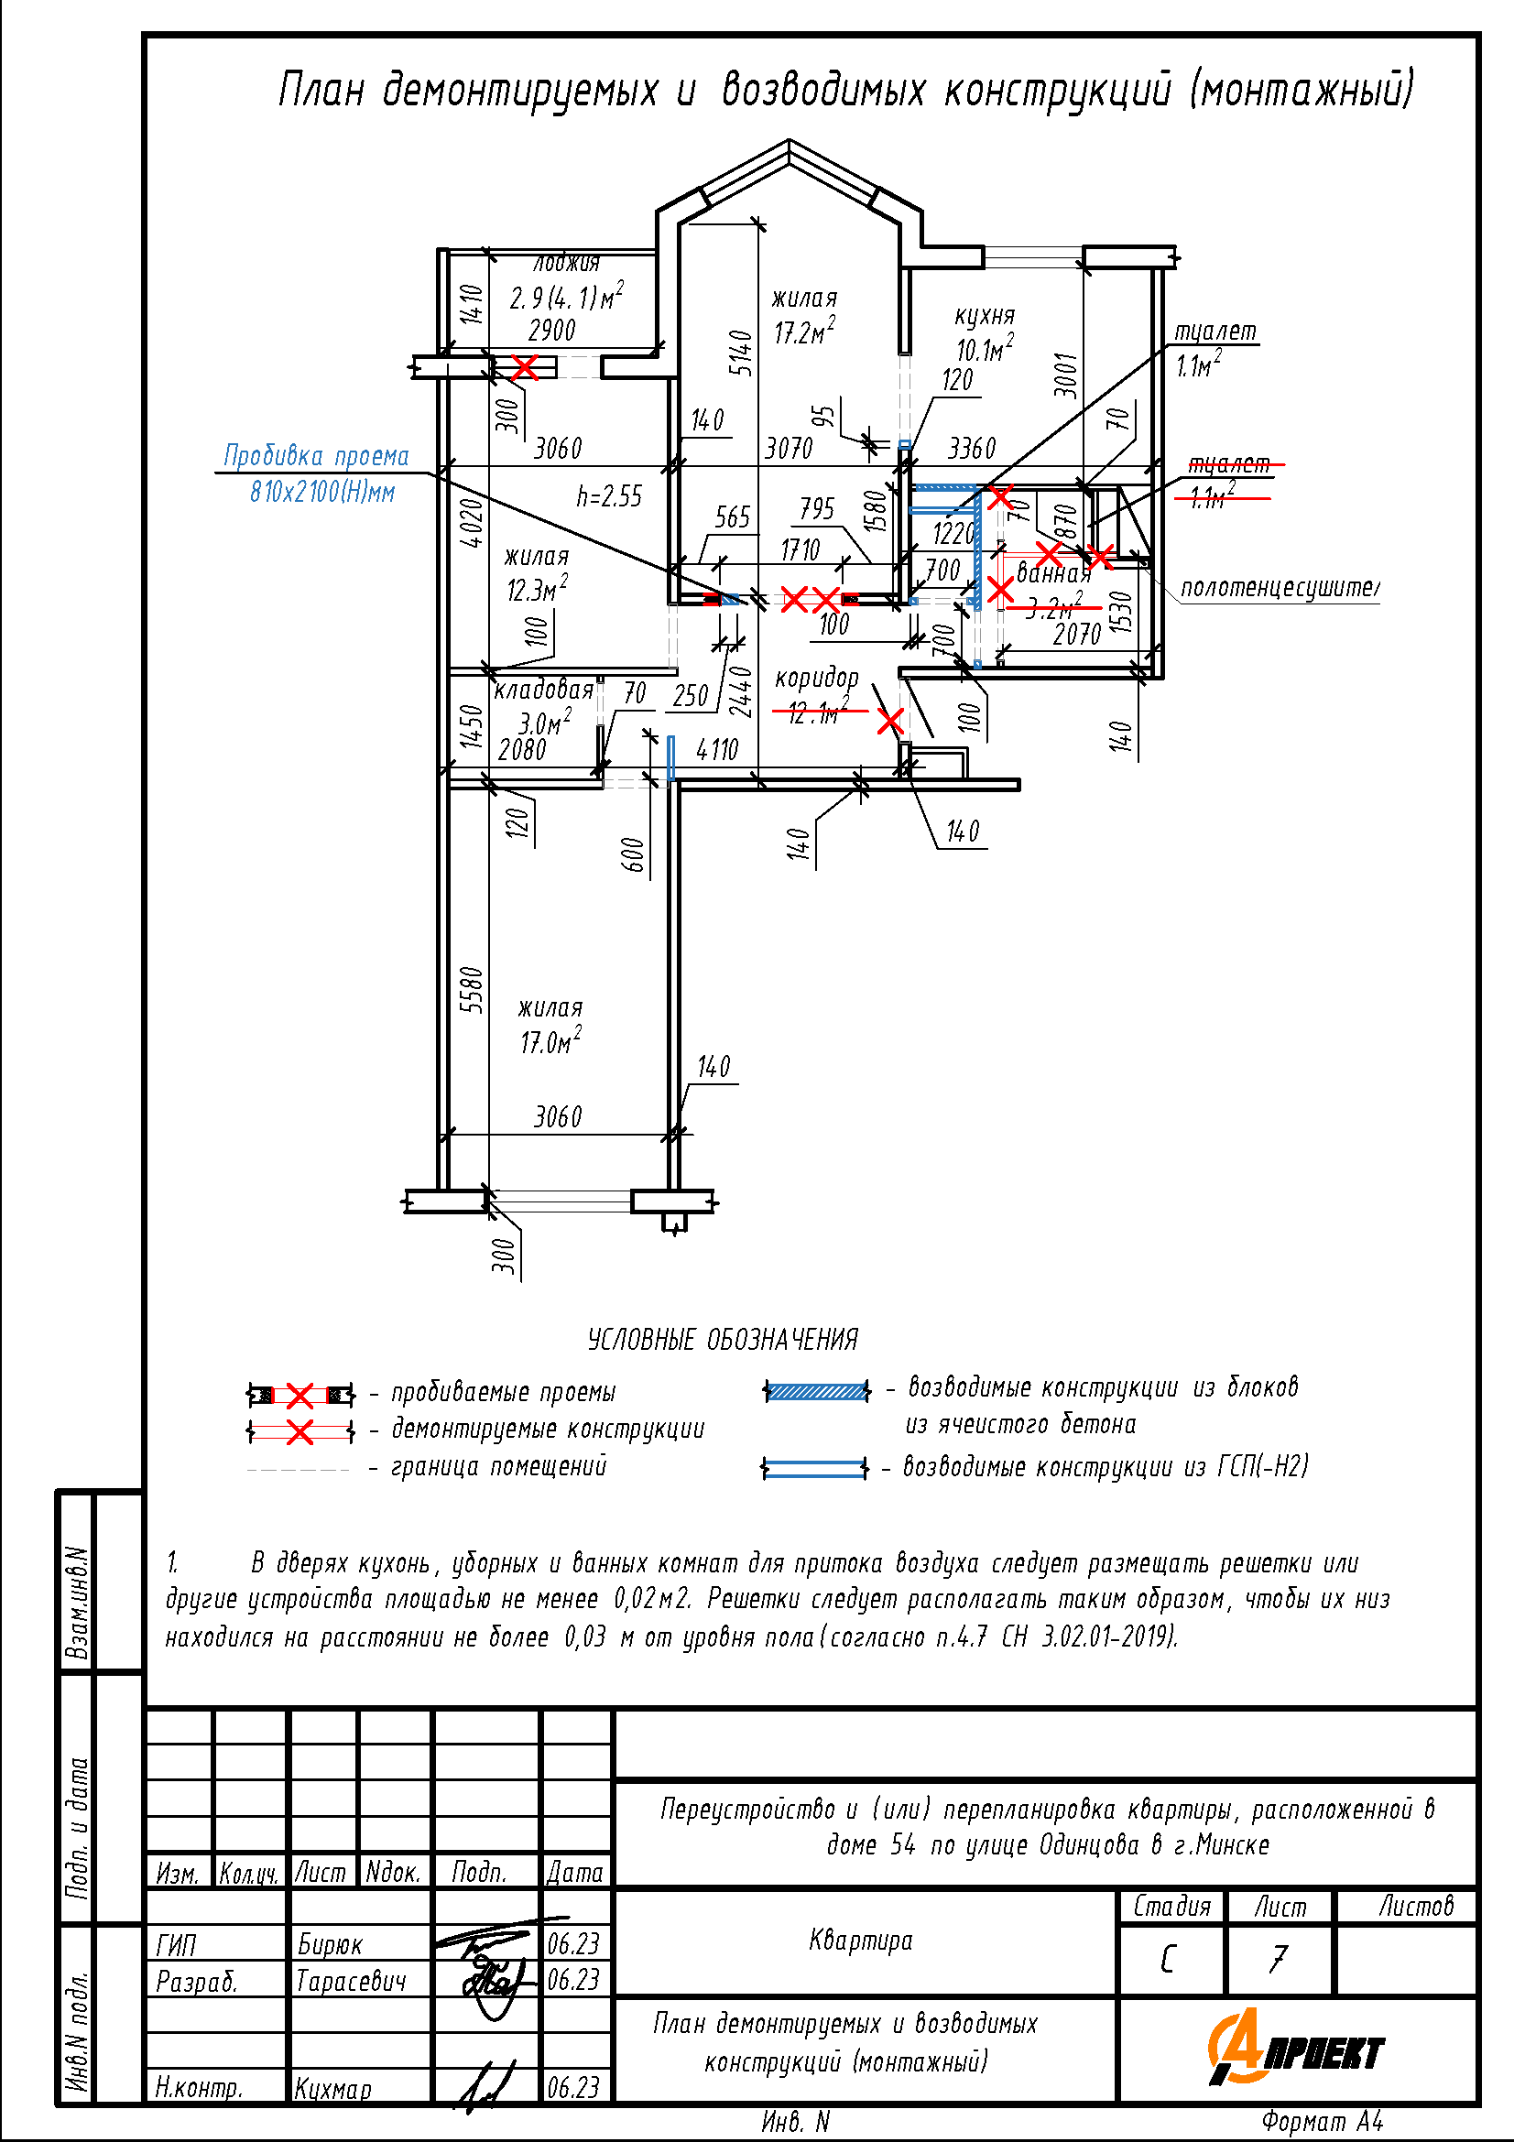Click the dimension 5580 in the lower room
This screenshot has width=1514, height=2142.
click(473, 990)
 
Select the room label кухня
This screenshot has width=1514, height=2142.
click(985, 315)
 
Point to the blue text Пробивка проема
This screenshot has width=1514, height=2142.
click(316, 456)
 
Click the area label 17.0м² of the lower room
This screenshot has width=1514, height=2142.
click(550, 1041)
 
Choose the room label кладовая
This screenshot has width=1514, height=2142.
click(543, 690)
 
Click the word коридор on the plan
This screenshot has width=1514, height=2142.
click(816, 679)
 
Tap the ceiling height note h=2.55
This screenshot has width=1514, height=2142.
click(609, 496)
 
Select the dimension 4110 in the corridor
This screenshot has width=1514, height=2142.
click(716, 749)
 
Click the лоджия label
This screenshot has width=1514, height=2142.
click(566, 264)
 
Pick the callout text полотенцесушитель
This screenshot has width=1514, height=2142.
click(1279, 588)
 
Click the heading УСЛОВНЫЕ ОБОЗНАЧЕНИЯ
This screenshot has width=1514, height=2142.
click(722, 1340)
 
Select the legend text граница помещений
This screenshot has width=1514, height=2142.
click(499, 1466)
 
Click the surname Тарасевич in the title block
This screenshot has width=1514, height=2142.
click(351, 1981)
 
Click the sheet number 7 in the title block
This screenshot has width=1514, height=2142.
click(1278, 1959)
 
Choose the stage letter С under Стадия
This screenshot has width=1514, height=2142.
click(1167, 1959)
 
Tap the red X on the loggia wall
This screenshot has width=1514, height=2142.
click(525, 366)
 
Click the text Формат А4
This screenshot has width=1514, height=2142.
click(1322, 2122)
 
